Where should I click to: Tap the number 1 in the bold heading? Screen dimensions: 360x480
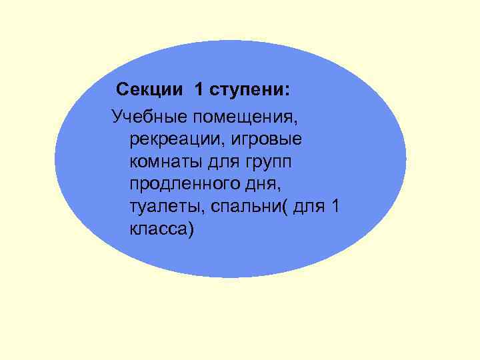point(199,89)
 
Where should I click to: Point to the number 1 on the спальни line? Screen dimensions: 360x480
point(335,206)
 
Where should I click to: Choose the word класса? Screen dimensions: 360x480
point(157,229)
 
